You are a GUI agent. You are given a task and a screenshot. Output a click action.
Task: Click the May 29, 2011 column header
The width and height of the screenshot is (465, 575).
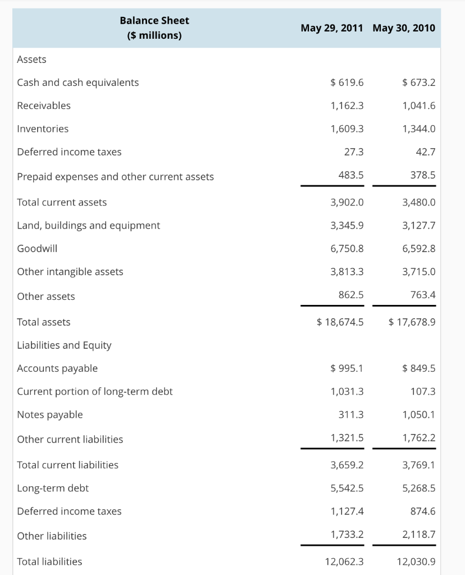pyautogui.click(x=331, y=28)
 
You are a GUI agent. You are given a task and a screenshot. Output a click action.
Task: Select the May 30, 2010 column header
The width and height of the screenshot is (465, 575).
pyautogui.click(x=403, y=28)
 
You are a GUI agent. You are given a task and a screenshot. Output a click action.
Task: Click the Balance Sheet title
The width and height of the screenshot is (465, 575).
pyautogui.click(x=154, y=20)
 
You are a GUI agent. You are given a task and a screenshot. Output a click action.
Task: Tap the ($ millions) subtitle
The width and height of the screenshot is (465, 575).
pyautogui.click(x=154, y=35)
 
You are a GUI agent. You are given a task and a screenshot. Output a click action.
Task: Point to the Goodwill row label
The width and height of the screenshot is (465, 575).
pyautogui.click(x=37, y=248)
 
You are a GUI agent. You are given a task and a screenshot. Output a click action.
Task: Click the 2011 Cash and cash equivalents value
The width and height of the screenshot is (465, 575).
pyautogui.click(x=347, y=83)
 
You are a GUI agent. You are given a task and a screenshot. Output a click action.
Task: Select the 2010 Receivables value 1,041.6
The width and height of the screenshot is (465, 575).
pyautogui.click(x=419, y=106)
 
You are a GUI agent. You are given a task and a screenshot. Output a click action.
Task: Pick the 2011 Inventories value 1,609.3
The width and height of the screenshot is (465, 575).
pyautogui.click(x=347, y=129)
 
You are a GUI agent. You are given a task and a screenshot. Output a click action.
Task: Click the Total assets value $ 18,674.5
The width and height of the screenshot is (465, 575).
pyautogui.click(x=340, y=322)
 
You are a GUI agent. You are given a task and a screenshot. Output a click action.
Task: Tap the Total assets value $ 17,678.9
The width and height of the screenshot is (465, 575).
pyautogui.click(x=412, y=322)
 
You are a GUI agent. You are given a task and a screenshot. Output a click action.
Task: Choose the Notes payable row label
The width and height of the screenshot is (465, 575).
pyautogui.click(x=50, y=414)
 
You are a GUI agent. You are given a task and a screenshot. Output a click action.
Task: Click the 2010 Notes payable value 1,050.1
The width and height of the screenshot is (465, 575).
pyautogui.click(x=419, y=414)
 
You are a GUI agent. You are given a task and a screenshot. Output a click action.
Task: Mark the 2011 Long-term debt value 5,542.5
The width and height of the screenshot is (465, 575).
pyautogui.click(x=347, y=488)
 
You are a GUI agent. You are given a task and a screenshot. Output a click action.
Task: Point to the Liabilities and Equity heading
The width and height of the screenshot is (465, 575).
pyautogui.click(x=64, y=345)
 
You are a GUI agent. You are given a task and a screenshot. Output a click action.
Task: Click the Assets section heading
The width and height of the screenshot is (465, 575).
pyautogui.click(x=32, y=60)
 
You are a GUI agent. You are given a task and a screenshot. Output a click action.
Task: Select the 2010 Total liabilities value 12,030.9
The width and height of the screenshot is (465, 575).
pyautogui.click(x=416, y=562)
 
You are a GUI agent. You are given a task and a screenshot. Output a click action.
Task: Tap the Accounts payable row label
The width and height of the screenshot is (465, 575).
pyautogui.click(x=57, y=368)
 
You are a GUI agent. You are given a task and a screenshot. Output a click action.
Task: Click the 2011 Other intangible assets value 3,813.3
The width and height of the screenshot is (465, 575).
pyautogui.click(x=347, y=272)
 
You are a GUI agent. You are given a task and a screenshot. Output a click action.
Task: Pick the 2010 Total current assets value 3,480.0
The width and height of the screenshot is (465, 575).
pyautogui.click(x=419, y=202)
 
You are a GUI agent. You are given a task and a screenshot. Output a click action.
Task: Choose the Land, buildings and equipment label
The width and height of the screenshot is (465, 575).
pyautogui.click(x=88, y=225)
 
